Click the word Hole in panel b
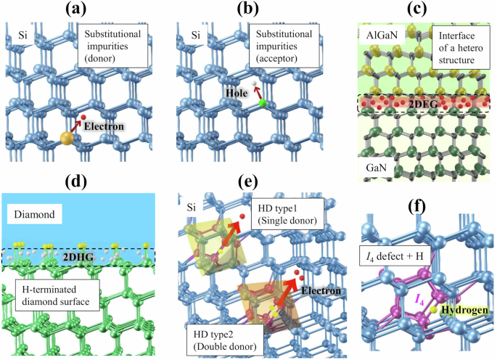[x=235, y=93]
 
